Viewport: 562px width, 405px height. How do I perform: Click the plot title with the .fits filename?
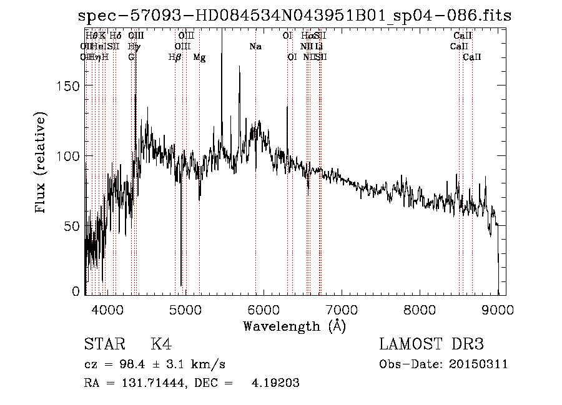pyautogui.click(x=295, y=16)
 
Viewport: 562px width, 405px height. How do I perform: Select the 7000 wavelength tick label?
pyautogui.click(x=342, y=309)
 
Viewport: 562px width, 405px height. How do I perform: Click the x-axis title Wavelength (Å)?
pyautogui.click(x=294, y=326)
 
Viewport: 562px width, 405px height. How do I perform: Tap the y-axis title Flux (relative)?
pyautogui.click(x=41, y=163)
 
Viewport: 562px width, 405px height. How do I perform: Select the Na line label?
pyautogui.click(x=255, y=46)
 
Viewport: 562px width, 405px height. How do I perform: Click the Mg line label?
pyautogui.click(x=199, y=57)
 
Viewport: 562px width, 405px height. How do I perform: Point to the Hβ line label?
pyautogui.click(x=175, y=57)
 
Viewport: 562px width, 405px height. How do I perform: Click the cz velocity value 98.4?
pyautogui.click(x=123, y=364)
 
